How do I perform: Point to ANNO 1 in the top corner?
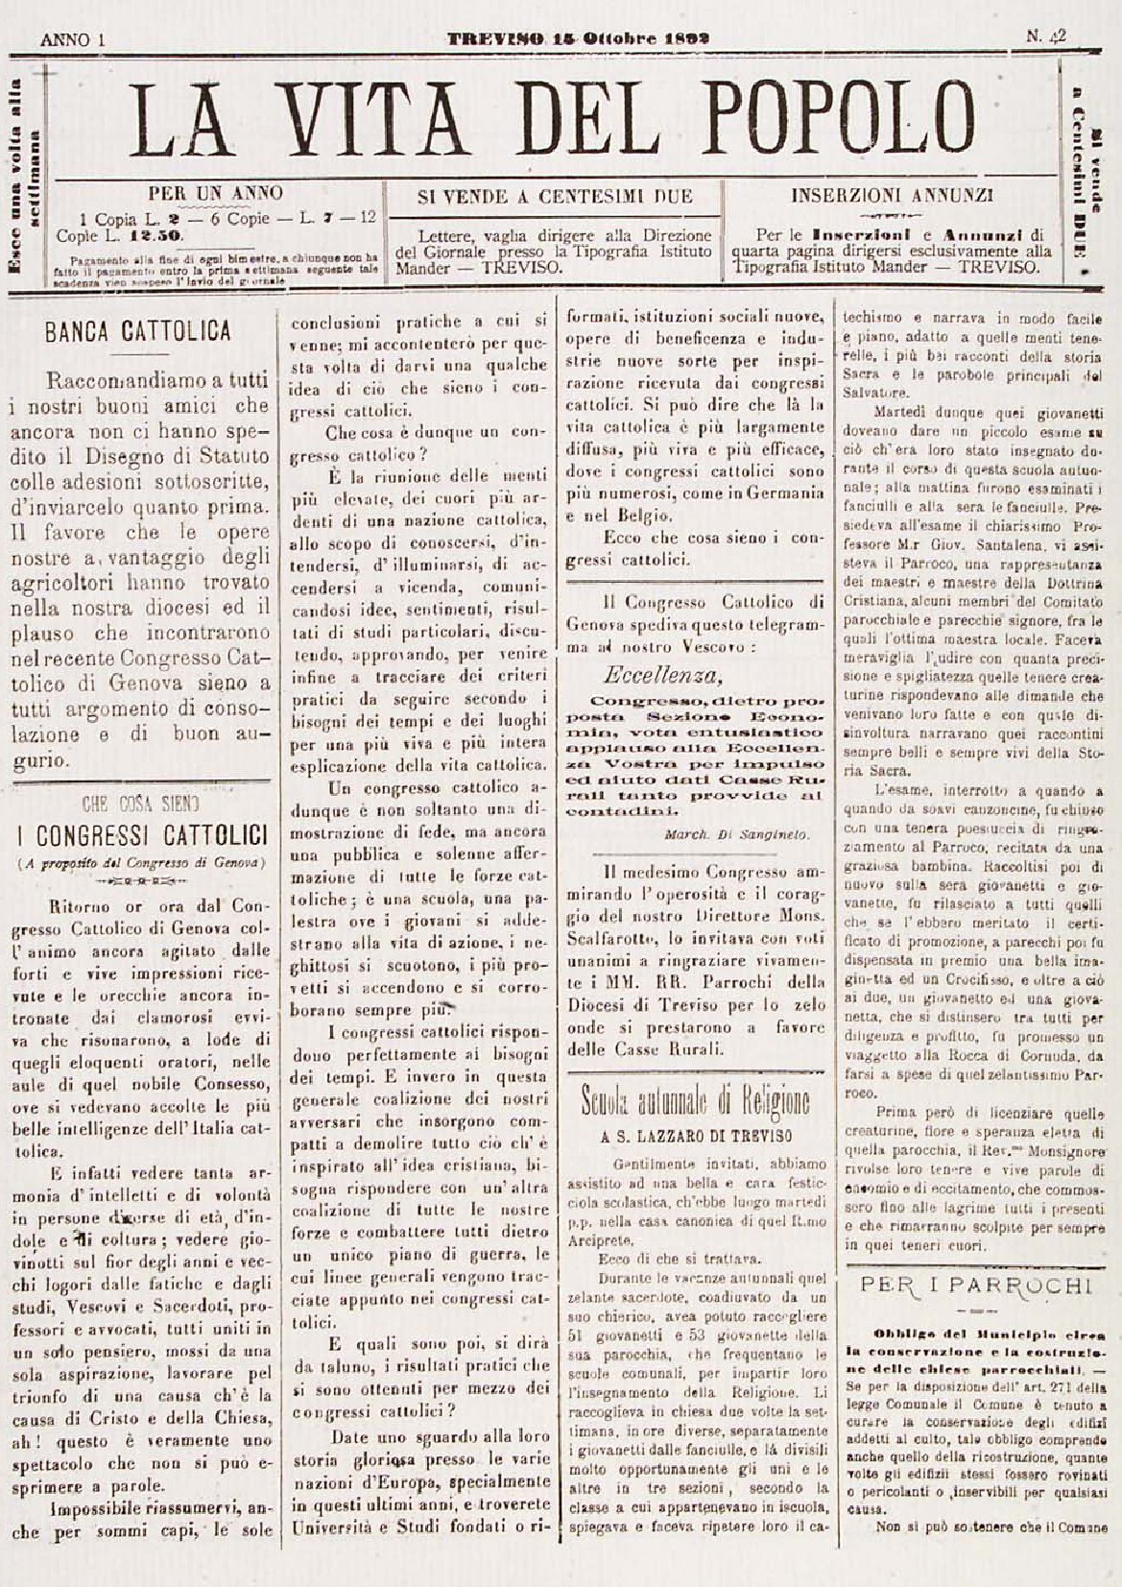72,39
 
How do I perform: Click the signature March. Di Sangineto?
736,833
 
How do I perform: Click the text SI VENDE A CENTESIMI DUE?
555,197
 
